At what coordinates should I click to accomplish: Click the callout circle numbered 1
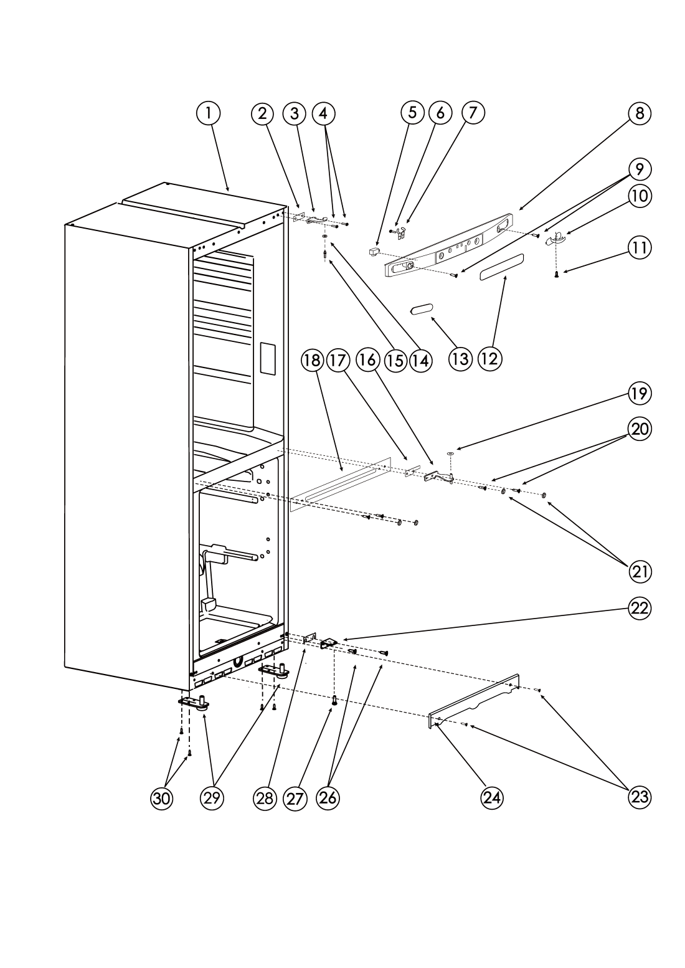pos(208,113)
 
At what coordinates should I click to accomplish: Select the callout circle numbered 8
pos(639,113)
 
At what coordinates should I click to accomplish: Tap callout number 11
pos(639,248)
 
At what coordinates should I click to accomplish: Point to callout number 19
pos(639,394)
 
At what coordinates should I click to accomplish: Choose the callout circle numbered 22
pos(639,609)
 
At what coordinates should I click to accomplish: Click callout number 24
pos(492,798)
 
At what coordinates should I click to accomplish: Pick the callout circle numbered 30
pos(161,799)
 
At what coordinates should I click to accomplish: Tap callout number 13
pos(460,359)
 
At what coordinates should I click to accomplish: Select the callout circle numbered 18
pos(312,360)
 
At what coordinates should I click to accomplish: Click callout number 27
pos(295,799)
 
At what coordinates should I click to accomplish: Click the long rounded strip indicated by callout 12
pos(502,267)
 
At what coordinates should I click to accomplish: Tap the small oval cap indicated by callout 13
pos(421,310)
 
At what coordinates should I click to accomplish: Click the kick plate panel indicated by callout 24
pos(474,701)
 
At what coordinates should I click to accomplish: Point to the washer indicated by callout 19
pos(450,453)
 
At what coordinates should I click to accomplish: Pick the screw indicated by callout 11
pos(557,274)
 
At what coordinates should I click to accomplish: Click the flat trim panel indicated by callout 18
pos(341,485)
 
